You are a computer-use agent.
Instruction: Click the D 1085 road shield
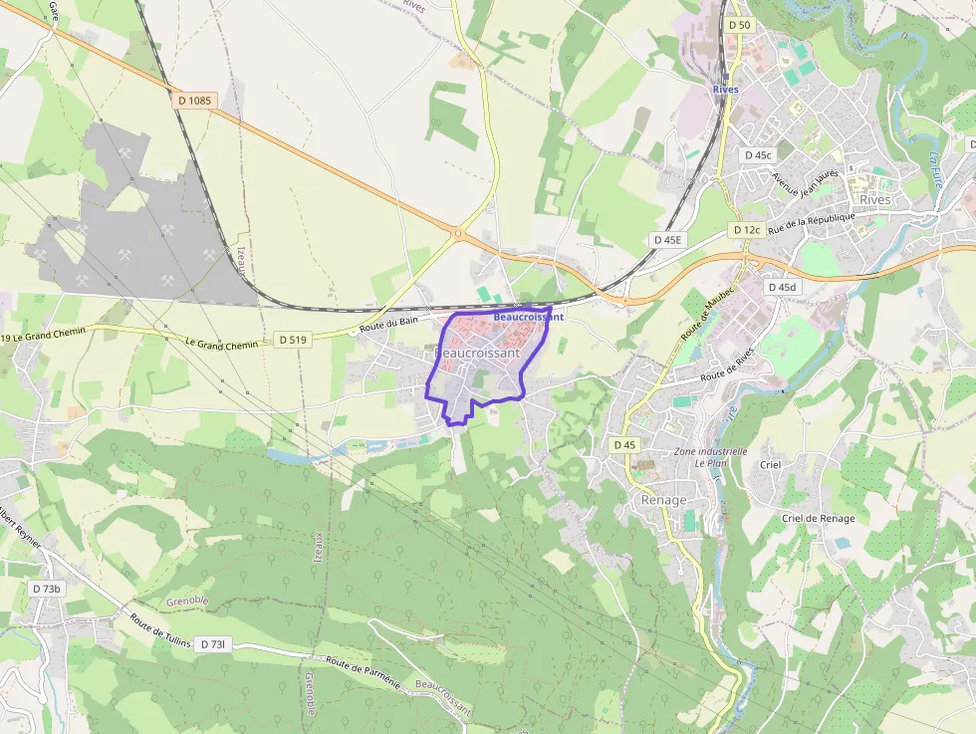195,100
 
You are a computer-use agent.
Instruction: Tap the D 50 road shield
738,24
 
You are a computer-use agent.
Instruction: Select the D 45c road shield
758,155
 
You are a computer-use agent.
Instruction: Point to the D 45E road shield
667,240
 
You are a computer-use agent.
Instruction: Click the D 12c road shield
747,230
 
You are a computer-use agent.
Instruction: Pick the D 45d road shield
782,287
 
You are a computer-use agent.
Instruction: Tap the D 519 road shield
293,340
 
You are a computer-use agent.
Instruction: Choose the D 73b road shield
47,589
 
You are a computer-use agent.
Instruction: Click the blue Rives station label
725,90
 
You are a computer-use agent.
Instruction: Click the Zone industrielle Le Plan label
710,457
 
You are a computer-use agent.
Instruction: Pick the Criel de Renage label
818,519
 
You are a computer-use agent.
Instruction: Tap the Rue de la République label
811,221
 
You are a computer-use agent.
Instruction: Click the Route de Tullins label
160,630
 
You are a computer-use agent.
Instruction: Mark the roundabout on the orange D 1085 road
458,235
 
